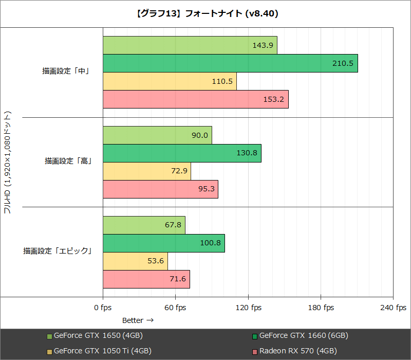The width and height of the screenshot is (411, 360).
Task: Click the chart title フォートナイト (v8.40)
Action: pos(206,14)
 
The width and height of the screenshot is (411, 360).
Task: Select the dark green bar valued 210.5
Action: pos(230,63)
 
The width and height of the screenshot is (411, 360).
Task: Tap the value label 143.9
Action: pos(263,45)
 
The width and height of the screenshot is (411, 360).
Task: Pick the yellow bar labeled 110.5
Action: pos(170,81)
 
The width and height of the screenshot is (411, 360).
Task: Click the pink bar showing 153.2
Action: pos(195,99)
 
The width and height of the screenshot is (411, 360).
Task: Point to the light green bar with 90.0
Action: pos(157,135)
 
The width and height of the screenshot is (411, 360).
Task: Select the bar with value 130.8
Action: pos(182,153)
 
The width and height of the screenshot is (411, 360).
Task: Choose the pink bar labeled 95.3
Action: pos(160,189)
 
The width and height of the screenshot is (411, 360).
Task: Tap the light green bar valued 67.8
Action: pos(144,225)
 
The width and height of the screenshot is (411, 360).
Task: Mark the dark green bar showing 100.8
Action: pos(163,243)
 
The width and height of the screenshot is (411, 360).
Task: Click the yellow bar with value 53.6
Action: pos(135,261)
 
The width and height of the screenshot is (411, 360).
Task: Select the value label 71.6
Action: pos(177,279)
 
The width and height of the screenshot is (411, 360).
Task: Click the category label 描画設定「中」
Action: pos(66,71)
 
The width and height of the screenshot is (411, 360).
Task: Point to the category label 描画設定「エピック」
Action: pos(57,251)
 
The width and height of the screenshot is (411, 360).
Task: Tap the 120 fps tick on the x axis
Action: pos(248,308)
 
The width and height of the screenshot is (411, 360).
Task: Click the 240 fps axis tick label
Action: pos(393,308)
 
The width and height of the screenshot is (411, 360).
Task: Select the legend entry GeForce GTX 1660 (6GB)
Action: pos(304,336)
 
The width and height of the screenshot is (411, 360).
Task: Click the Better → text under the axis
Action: pos(138,320)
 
